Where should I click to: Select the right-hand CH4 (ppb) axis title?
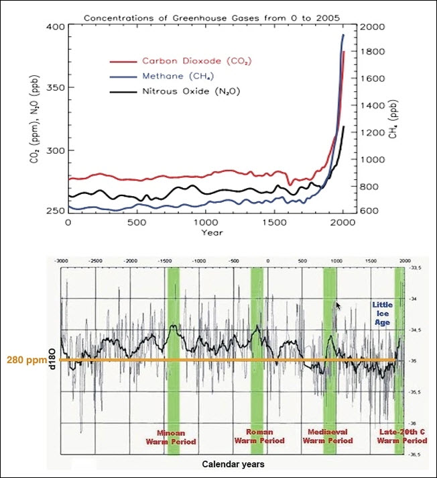pos(394,119)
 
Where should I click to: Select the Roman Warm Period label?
pos(260,436)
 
